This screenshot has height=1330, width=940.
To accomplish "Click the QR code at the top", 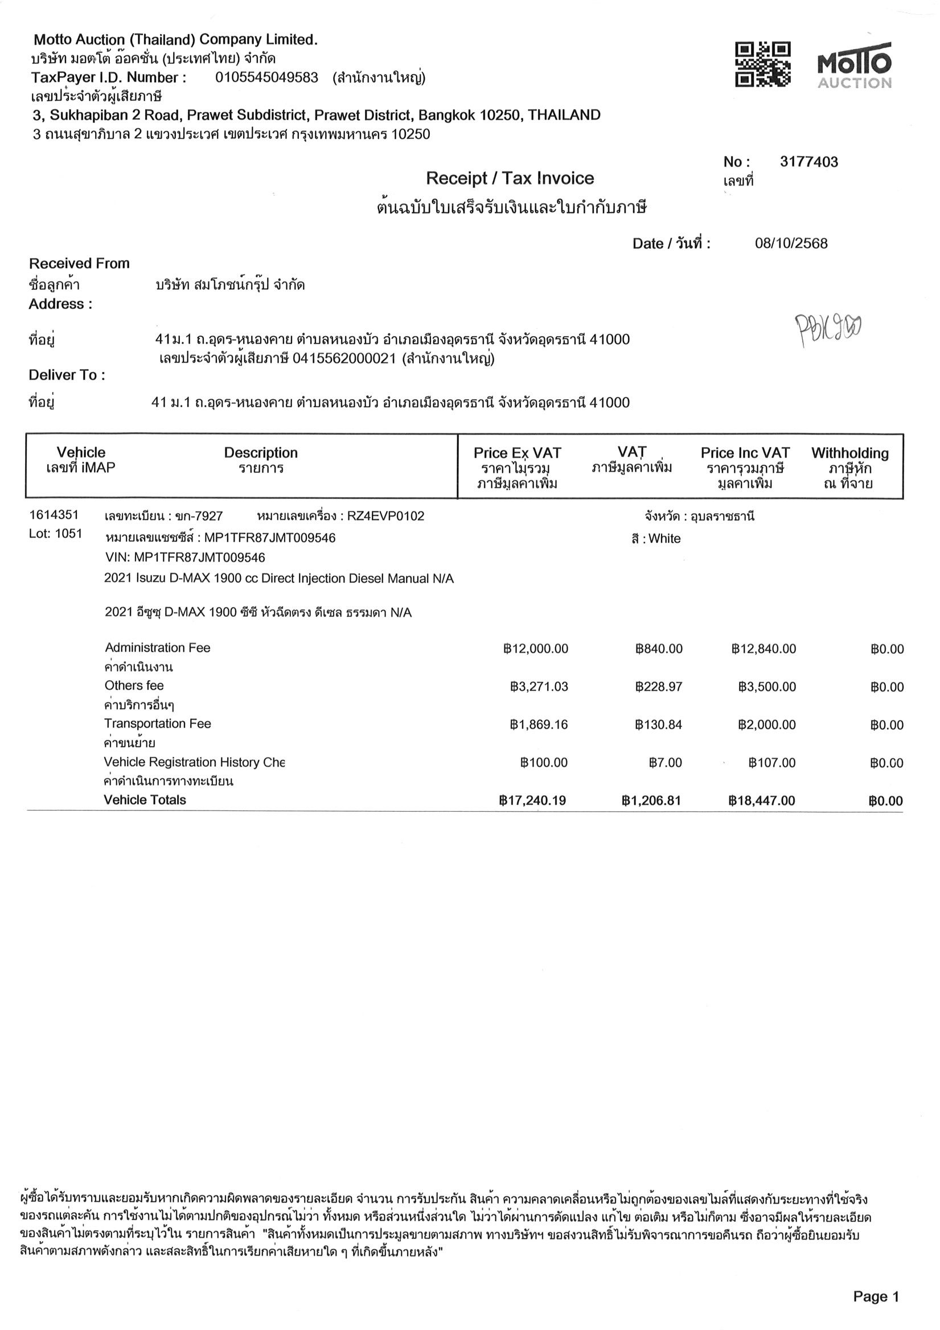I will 762,64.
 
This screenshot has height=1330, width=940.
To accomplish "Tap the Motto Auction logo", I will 853,66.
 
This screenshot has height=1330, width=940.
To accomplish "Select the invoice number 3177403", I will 808,162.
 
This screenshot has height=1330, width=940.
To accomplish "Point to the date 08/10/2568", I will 791,243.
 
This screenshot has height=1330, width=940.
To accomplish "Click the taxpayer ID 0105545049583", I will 266,77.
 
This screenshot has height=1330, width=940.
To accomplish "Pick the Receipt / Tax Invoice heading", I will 510,178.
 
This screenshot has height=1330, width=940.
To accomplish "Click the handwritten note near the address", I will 828,329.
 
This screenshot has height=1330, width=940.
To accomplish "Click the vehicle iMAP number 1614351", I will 54,515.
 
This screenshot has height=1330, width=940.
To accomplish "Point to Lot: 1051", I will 56,534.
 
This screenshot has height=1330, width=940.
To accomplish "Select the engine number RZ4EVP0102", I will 385,516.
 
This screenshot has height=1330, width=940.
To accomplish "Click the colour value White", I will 664,539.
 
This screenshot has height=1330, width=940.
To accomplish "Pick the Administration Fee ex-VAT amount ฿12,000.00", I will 536,649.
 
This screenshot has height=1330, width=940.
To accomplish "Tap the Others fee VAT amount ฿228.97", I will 659,687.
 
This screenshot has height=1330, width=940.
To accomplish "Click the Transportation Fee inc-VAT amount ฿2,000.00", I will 767,725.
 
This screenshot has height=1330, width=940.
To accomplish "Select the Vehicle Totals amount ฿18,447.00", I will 762,800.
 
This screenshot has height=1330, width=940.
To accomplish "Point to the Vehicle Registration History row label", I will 194,762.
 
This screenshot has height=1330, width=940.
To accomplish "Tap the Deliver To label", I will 67,375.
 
